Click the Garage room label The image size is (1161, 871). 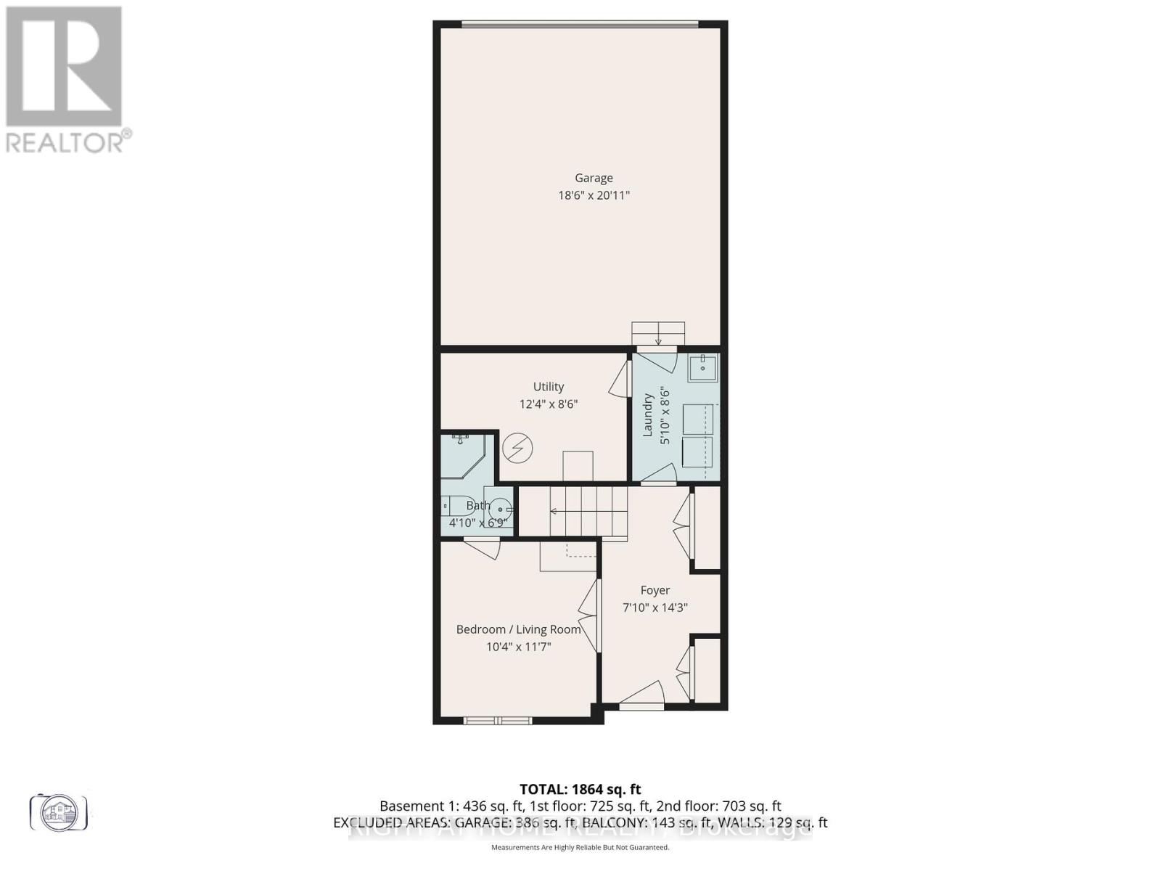594,178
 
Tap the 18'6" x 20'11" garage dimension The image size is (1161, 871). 594,195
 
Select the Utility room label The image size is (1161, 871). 548,387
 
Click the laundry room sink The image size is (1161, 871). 702,368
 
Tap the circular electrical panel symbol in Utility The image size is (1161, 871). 518,447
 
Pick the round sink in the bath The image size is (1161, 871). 499,509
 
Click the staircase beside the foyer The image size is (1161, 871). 588,511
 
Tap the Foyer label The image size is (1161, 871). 655,590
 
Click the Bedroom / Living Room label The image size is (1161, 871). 518,629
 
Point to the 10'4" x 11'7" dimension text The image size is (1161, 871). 518,647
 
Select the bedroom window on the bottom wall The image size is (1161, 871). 498,720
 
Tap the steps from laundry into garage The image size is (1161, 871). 658,334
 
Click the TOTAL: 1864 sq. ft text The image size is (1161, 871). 580,789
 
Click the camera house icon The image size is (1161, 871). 59,811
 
